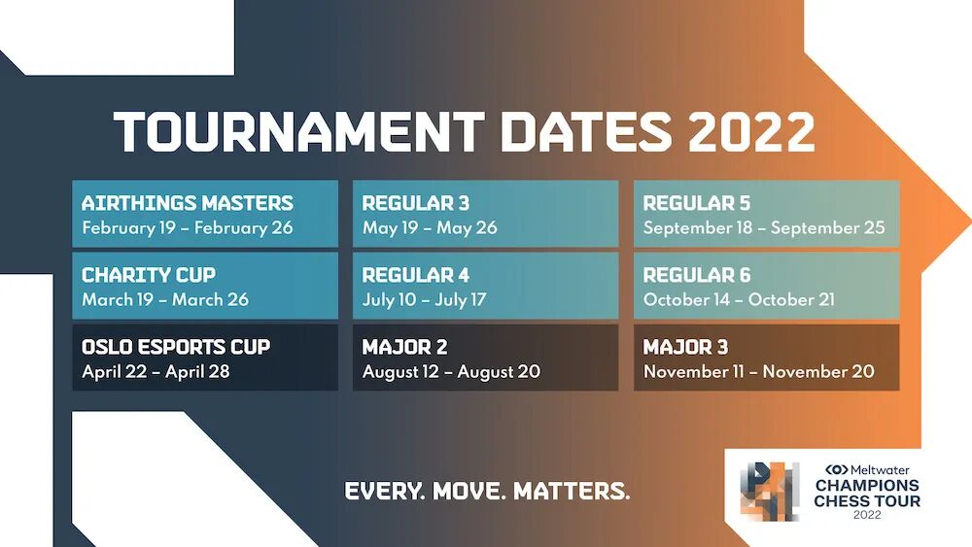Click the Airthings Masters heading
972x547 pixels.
point(188,203)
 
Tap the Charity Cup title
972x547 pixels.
point(149,275)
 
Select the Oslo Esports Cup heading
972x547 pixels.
point(176,347)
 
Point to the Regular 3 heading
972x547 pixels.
point(416,203)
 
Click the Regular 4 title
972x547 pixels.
point(416,275)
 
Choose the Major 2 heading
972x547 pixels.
point(404,347)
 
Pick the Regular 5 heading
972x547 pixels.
point(697,203)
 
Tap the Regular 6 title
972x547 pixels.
point(697,275)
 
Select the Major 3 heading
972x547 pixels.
point(685,347)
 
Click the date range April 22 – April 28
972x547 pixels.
point(156,372)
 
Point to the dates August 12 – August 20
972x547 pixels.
point(451,372)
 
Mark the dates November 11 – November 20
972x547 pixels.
point(759,372)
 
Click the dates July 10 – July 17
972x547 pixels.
point(424,300)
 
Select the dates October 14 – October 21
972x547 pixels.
point(739,300)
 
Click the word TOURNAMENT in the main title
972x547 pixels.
point(298,132)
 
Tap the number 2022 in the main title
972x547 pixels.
point(750,132)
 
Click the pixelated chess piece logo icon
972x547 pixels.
point(769,492)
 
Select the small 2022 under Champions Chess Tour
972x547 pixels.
point(867,515)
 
